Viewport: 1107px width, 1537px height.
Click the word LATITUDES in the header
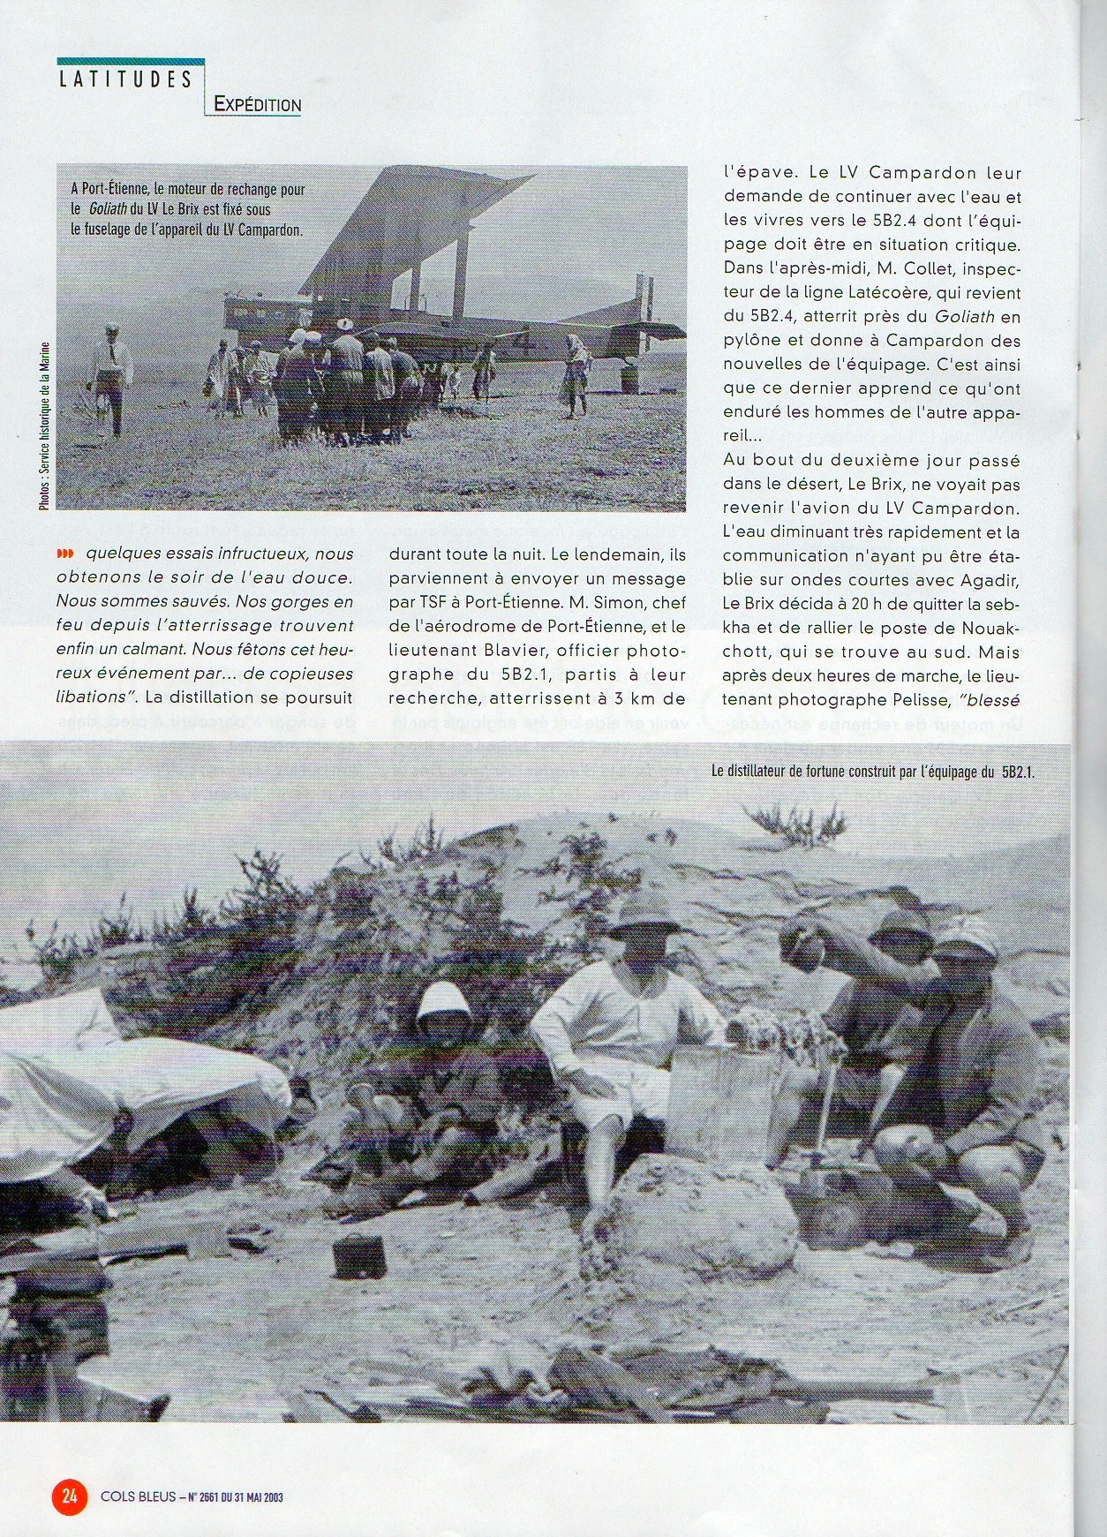point(124,79)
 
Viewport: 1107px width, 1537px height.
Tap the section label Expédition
point(258,105)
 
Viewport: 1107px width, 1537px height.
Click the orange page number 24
point(69,1496)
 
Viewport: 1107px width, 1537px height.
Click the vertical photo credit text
point(44,425)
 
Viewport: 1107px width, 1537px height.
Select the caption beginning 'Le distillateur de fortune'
point(872,771)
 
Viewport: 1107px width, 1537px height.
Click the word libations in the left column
point(90,697)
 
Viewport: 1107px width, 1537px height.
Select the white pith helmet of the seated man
point(446,1004)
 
